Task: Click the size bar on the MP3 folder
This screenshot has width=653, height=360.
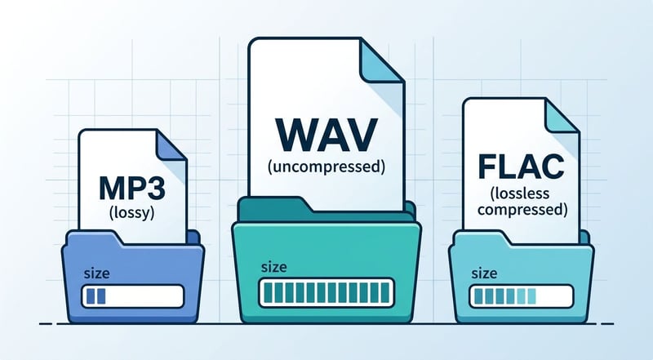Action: [134, 294]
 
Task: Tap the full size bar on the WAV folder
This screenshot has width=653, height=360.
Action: [326, 292]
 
